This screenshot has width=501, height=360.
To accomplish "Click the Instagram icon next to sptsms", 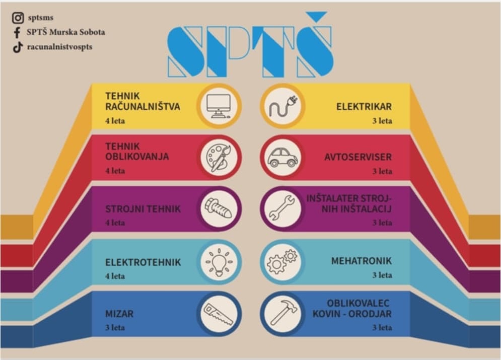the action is (x=18, y=18).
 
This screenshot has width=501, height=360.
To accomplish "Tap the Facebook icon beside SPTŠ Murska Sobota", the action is (x=17, y=33).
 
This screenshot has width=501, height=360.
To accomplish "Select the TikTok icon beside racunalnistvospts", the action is (x=18, y=47).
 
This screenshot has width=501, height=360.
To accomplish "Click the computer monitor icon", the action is (x=219, y=106).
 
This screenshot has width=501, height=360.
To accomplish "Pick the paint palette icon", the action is (x=219, y=158).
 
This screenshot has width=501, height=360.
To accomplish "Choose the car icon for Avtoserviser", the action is (x=283, y=157).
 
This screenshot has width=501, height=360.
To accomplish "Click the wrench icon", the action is (x=282, y=208).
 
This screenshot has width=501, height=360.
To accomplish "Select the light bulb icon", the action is (x=219, y=262).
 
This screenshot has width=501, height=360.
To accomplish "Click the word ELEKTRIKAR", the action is (x=364, y=107).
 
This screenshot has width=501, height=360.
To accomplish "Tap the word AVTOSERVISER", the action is (x=358, y=157).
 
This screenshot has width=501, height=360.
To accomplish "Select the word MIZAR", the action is (x=119, y=314).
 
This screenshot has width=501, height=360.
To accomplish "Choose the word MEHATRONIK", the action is (x=362, y=261).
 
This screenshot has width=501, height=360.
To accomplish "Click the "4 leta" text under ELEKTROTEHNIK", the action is (x=115, y=276).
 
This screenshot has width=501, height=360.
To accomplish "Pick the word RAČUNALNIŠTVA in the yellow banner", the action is (x=143, y=106).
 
